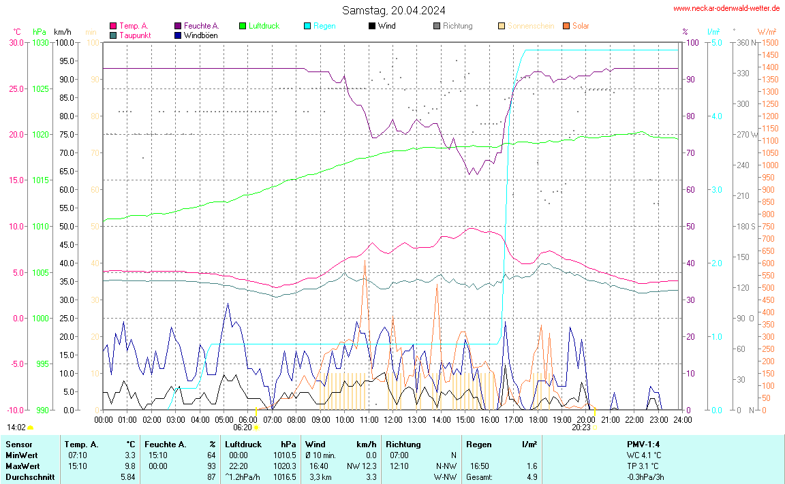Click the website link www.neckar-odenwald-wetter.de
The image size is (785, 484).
click(x=726, y=8)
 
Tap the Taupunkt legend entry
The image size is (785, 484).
click(x=135, y=35)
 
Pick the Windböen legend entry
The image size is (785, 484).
click(x=201, y=35)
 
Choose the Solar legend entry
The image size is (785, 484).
click(x=581, y=26)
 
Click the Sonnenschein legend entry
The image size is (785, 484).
click(x=531, y=26)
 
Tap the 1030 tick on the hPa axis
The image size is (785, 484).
click(x=40, y=43)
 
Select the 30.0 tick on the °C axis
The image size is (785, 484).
click(x=16, y=43)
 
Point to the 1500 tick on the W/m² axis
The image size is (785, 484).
click(x=769, y=43)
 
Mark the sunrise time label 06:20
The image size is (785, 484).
click(x=243, y=427)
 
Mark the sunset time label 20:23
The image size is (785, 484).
click(x=581, y=427)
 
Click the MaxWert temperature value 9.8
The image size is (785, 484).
click(x=130, y=466)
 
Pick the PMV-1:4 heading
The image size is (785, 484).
click(x=643, y=445)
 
